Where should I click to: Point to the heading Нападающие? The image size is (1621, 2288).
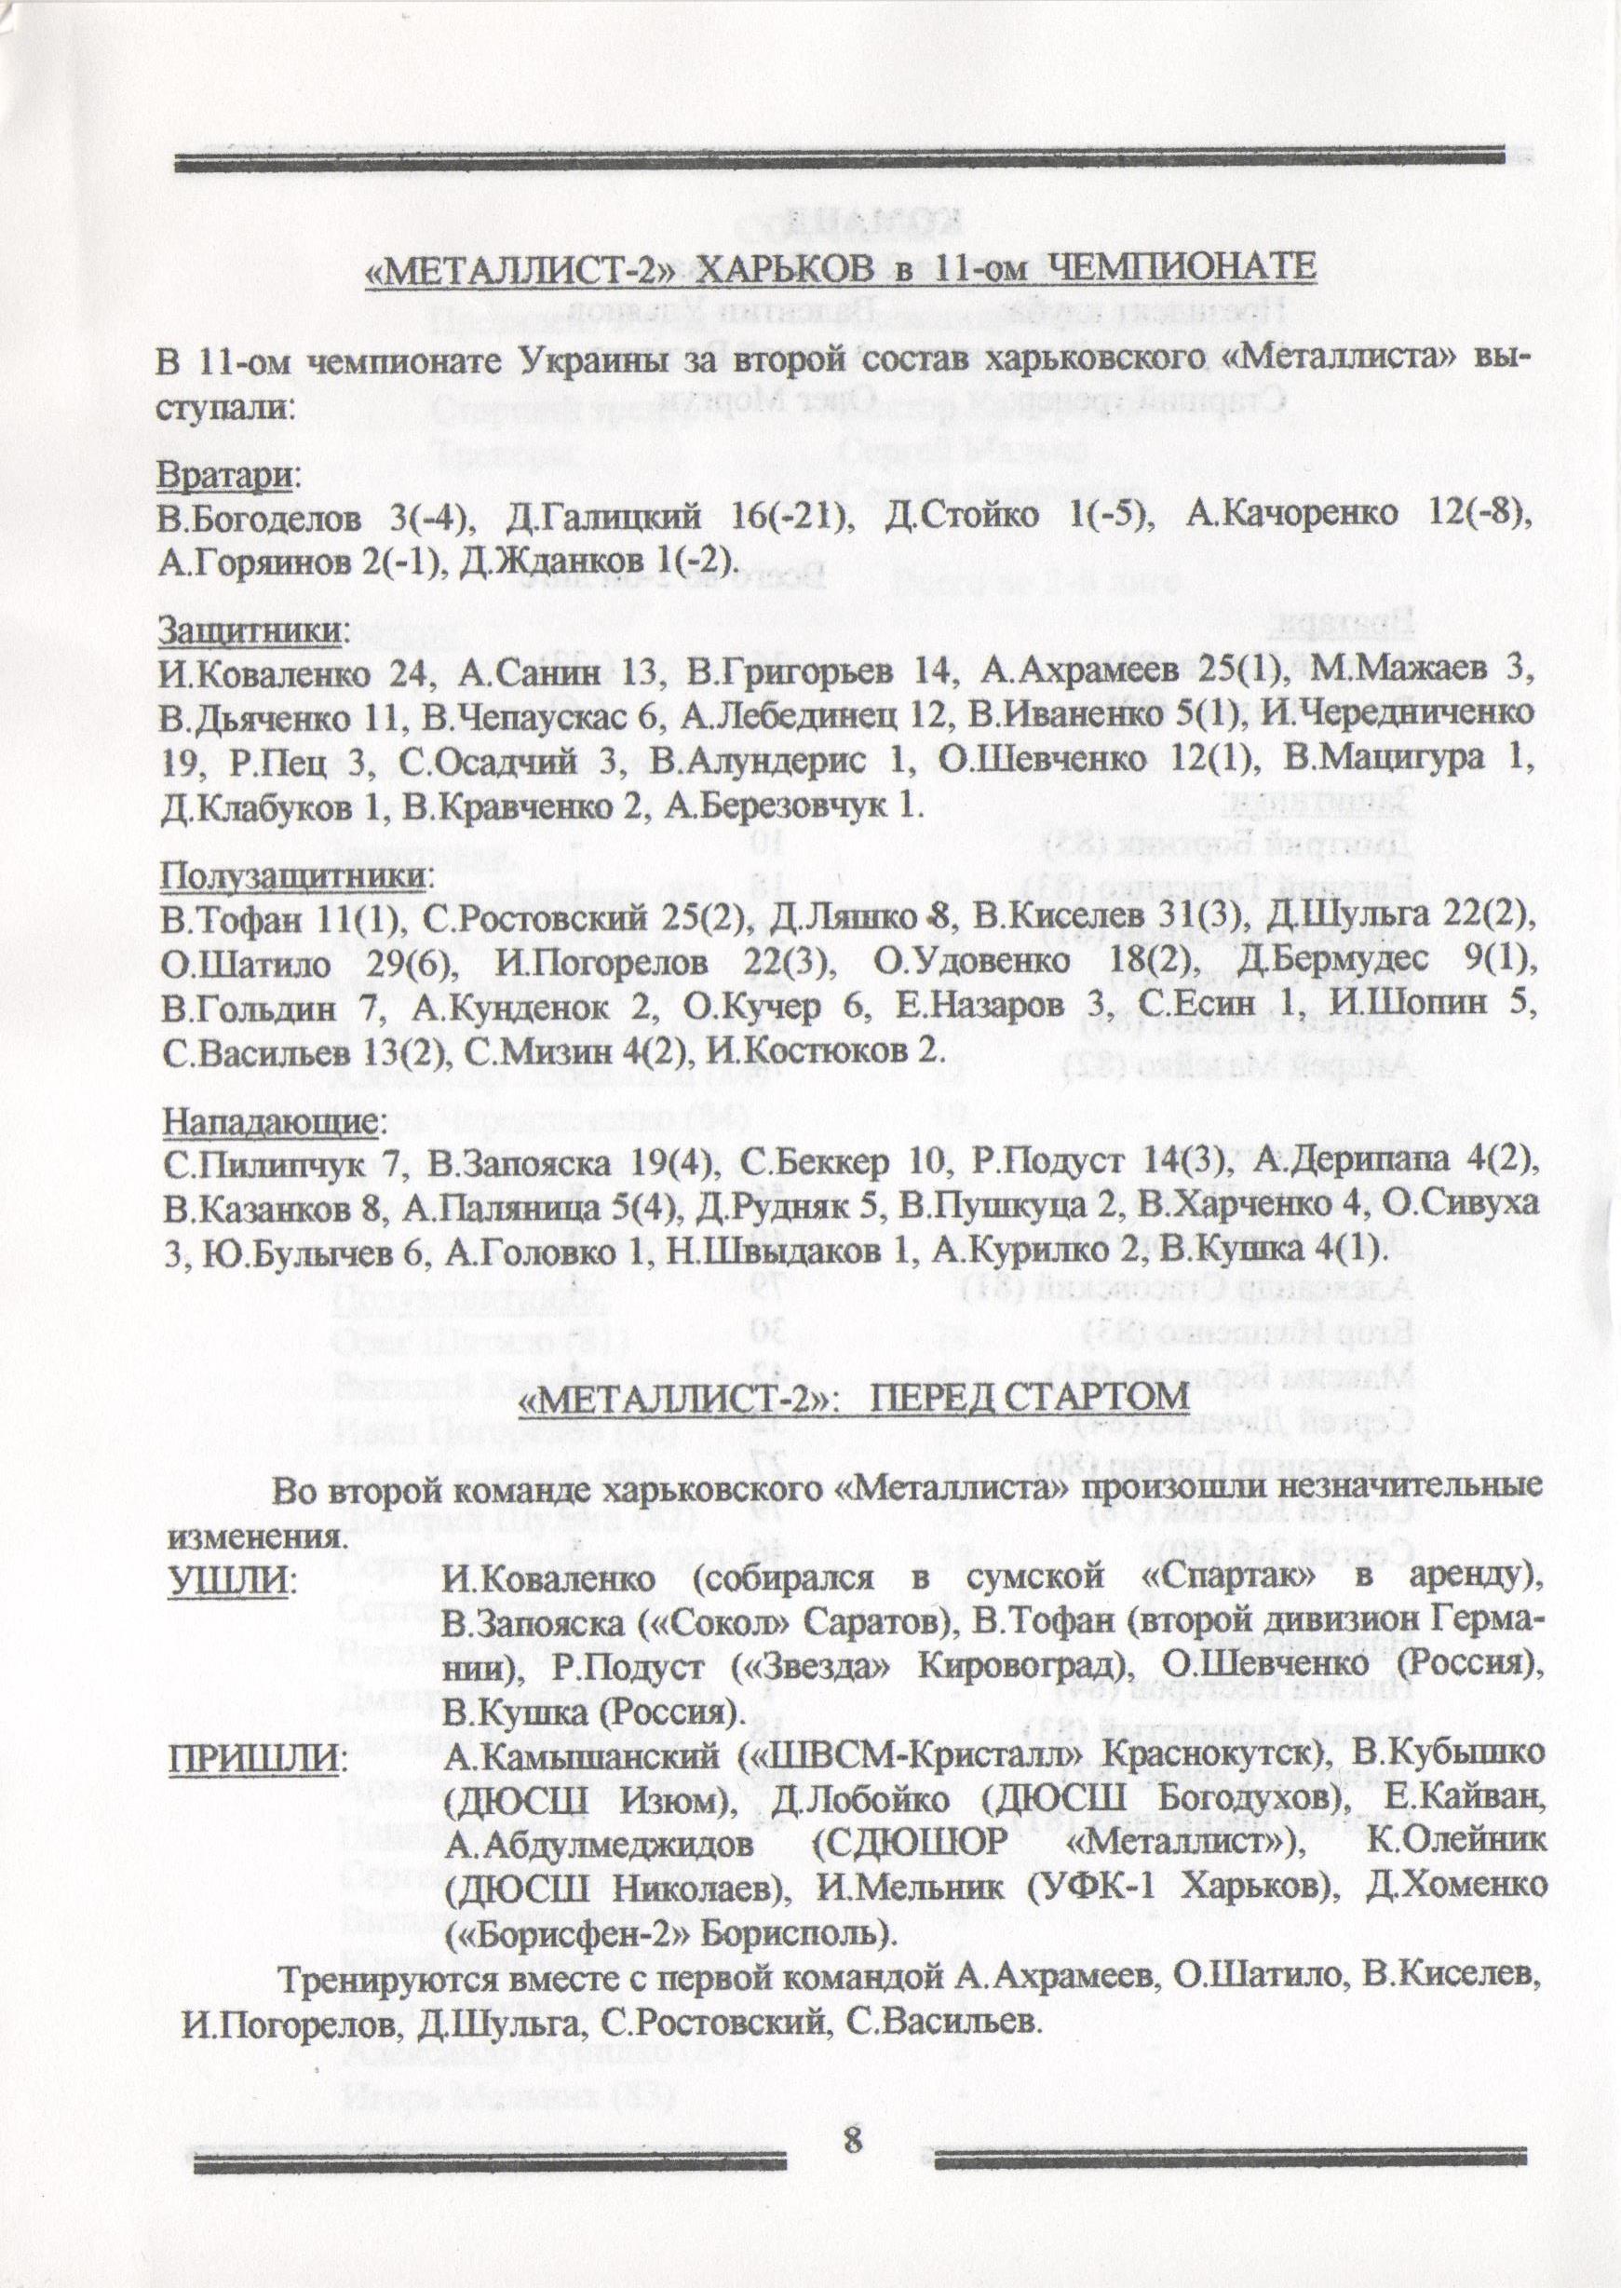point(269,1123)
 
